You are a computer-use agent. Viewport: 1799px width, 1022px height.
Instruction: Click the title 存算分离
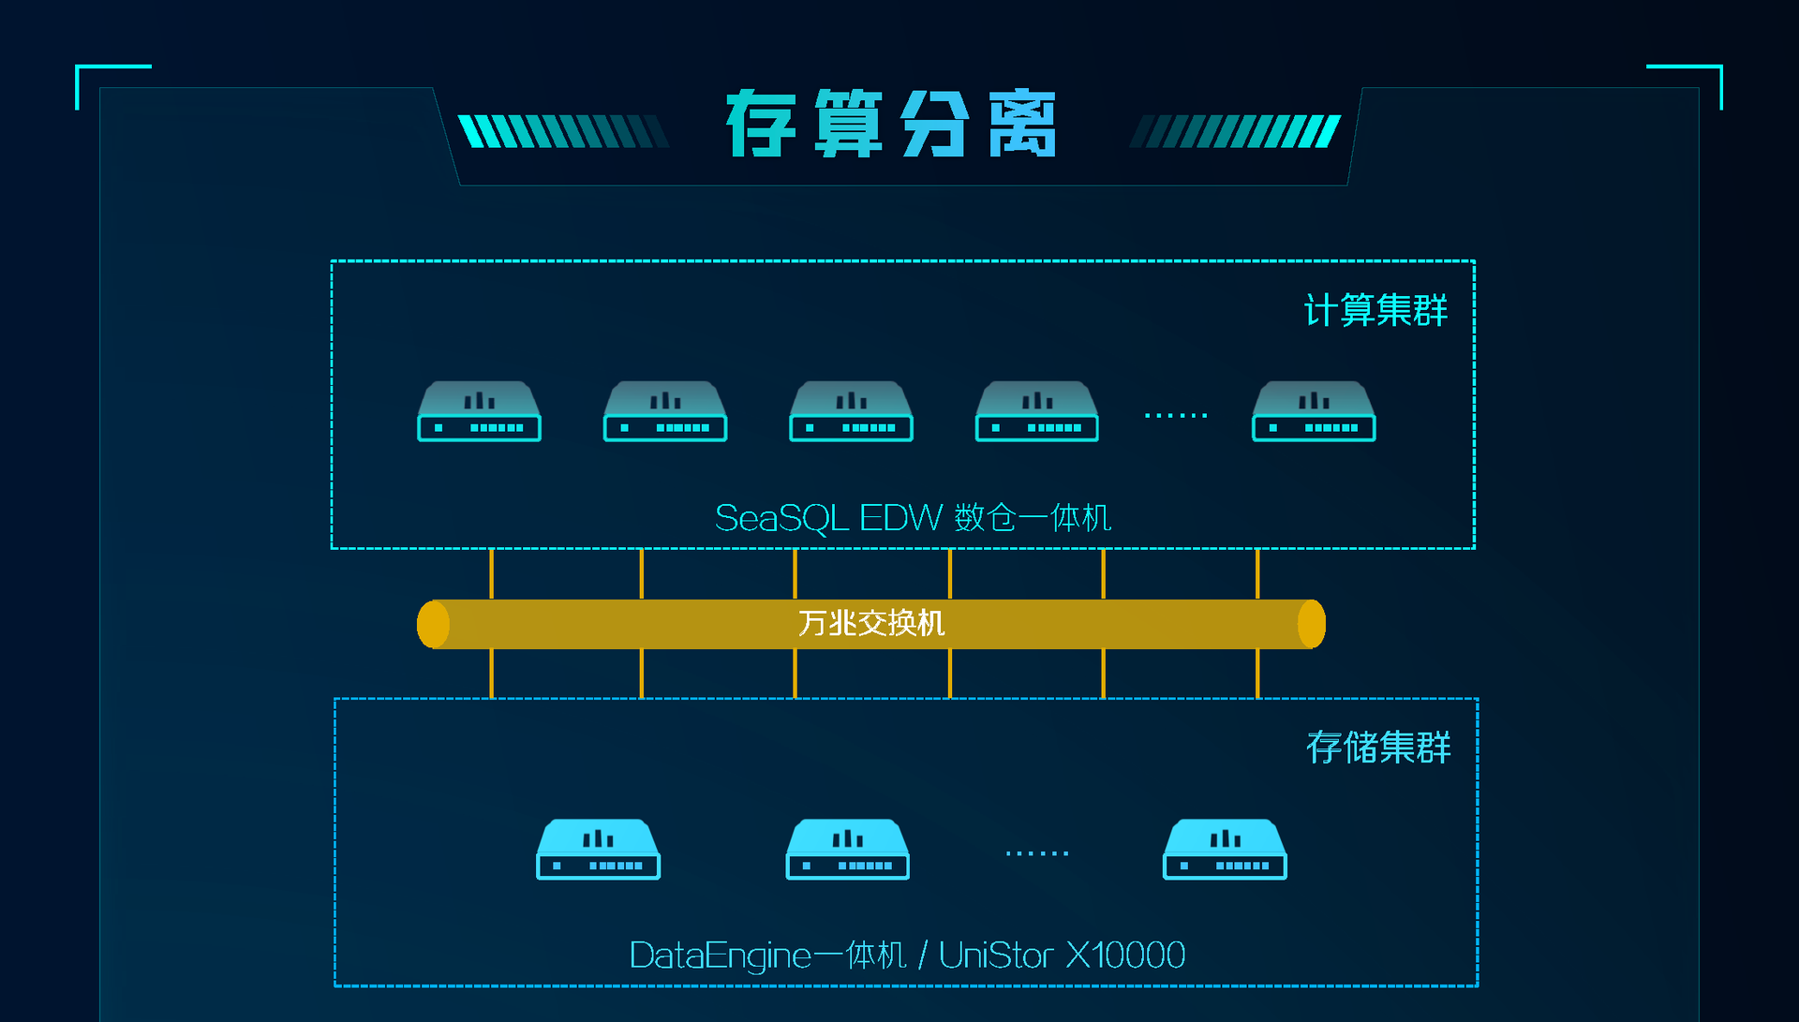click(x=891, y=124)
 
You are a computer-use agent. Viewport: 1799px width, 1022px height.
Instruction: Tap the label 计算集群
click(x=1375, y=310)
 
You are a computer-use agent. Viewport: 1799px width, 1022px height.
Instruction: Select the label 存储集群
click(x=1377, y=748)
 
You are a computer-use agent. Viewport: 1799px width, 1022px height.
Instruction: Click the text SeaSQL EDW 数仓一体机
click(x=913, y=518)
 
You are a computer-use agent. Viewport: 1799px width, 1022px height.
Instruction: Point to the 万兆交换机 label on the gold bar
click(x=871, y=623)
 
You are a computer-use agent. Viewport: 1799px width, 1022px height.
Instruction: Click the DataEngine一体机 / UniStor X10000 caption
click(x=907, y=955)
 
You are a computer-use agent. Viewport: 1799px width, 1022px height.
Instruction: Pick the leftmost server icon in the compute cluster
click(x=479, y=411)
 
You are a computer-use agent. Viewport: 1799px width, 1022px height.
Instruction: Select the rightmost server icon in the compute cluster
click(x=1314, y=411)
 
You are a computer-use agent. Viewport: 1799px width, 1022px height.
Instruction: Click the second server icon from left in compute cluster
click(x=665, y=411)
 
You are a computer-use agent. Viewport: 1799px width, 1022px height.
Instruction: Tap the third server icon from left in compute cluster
click(x=851, y=411)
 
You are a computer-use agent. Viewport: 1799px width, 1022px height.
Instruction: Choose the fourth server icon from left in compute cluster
click(x=1036, y=411)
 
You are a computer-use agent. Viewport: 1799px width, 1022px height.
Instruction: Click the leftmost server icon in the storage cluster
click(x=598, y=850)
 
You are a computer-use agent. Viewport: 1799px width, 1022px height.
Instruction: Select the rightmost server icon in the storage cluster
click(x=1225, y=850)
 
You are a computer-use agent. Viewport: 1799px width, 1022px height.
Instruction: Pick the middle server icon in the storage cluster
click(x=847, y=850)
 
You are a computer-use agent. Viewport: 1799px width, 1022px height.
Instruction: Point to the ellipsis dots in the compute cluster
click(x=1176, y=415)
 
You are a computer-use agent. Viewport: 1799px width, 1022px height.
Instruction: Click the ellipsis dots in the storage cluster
click(x=1037, y=853)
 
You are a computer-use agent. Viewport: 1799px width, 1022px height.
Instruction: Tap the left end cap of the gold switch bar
click(x=433, y=624)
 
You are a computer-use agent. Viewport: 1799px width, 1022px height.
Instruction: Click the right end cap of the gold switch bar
click(x=1312, y=624)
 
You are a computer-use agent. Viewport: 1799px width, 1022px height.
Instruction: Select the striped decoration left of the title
click(x=563, y=131)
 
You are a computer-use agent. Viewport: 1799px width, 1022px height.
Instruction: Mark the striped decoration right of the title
click(x=1235, y=131)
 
